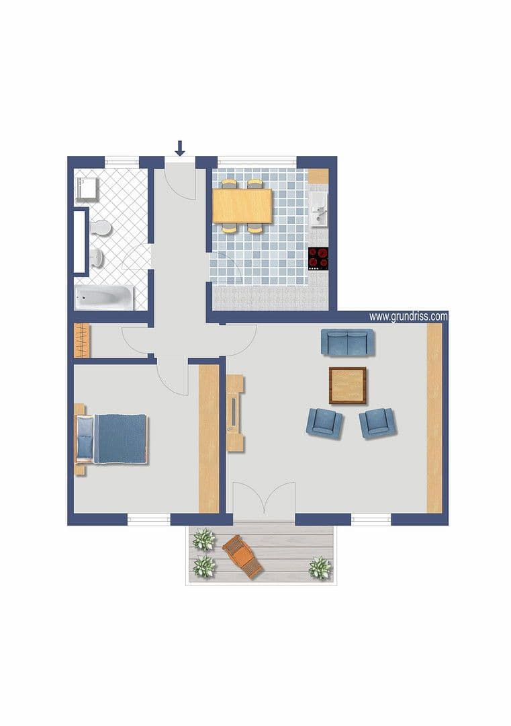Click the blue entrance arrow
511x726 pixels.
(x=179, y=147)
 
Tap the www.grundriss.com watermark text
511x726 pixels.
(x=408, y=316)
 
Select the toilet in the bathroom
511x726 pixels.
(x=102, y=227)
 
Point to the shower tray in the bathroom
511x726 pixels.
(x=87, y=189)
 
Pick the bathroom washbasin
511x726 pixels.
(x=98, y=257)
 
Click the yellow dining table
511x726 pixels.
(x=242, y=206)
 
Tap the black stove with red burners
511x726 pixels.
(x=318, y=259)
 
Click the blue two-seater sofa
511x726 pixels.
(x=347, y=342)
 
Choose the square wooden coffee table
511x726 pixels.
(x=348, y=385)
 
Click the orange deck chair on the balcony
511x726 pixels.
(x=242, y=556)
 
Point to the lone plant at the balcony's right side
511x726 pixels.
(x=320, y=568)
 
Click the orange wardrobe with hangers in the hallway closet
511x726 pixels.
(x=81, y=341)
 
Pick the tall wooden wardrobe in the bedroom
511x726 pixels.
(x=209, y=439)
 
